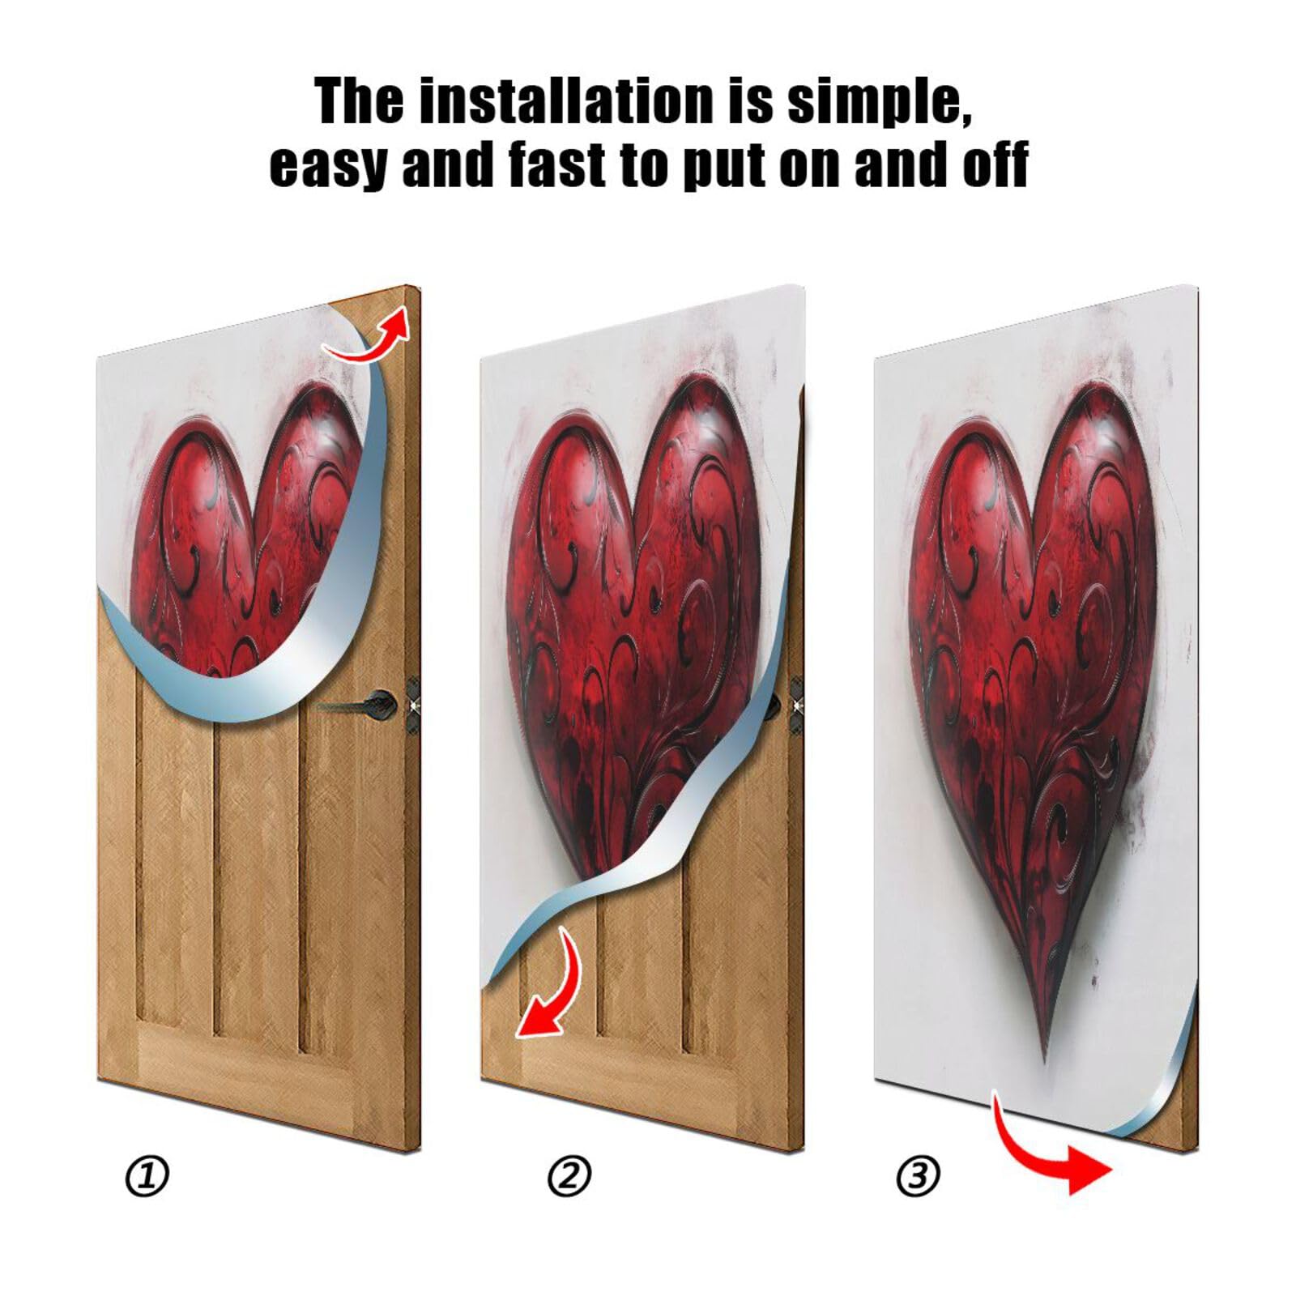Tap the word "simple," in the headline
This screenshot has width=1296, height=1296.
pos(878,102)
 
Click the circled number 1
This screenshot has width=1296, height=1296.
pos(147,1176)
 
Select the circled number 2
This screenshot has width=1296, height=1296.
pos(569,1176)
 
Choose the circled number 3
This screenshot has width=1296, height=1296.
pos(918,1176)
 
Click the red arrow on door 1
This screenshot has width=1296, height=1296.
pos(369,336)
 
